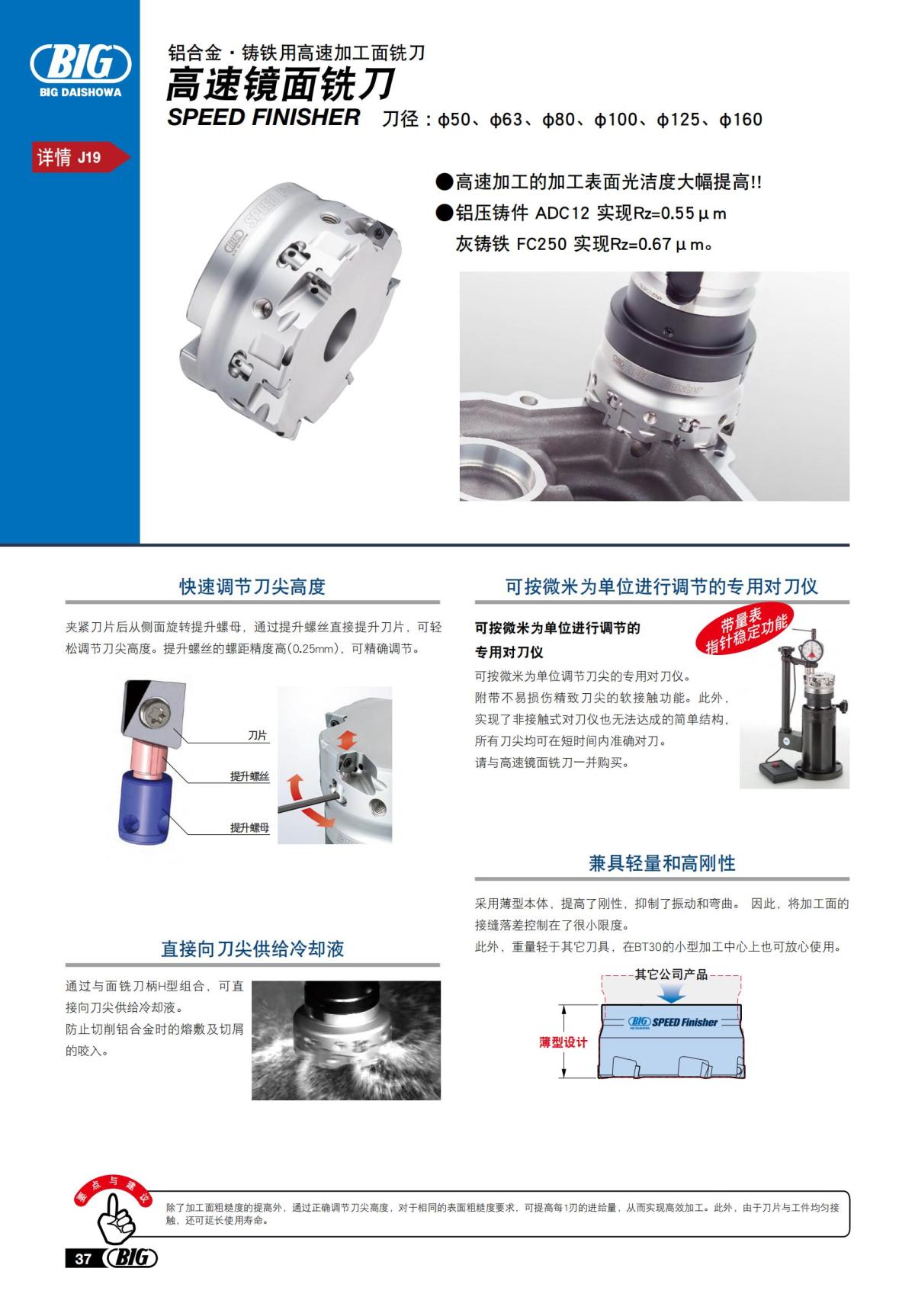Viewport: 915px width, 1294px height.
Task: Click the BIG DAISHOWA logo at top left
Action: click(79, 67)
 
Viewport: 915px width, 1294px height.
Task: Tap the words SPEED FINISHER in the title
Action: click(263, 117)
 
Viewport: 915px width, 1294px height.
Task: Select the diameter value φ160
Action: click(740, 120)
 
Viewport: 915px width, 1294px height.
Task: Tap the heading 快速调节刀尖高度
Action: click(252, 586)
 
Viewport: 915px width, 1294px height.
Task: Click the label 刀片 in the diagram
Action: click(258, 735)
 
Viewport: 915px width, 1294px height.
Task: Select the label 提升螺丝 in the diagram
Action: click(250, 776)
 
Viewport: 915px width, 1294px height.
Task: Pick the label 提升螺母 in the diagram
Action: click(250, 827)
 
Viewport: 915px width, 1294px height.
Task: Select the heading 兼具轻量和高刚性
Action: click(662, 862)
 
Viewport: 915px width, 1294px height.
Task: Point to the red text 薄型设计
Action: click(563, 1042)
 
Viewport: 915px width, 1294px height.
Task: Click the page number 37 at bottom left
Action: click(82, 1258)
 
